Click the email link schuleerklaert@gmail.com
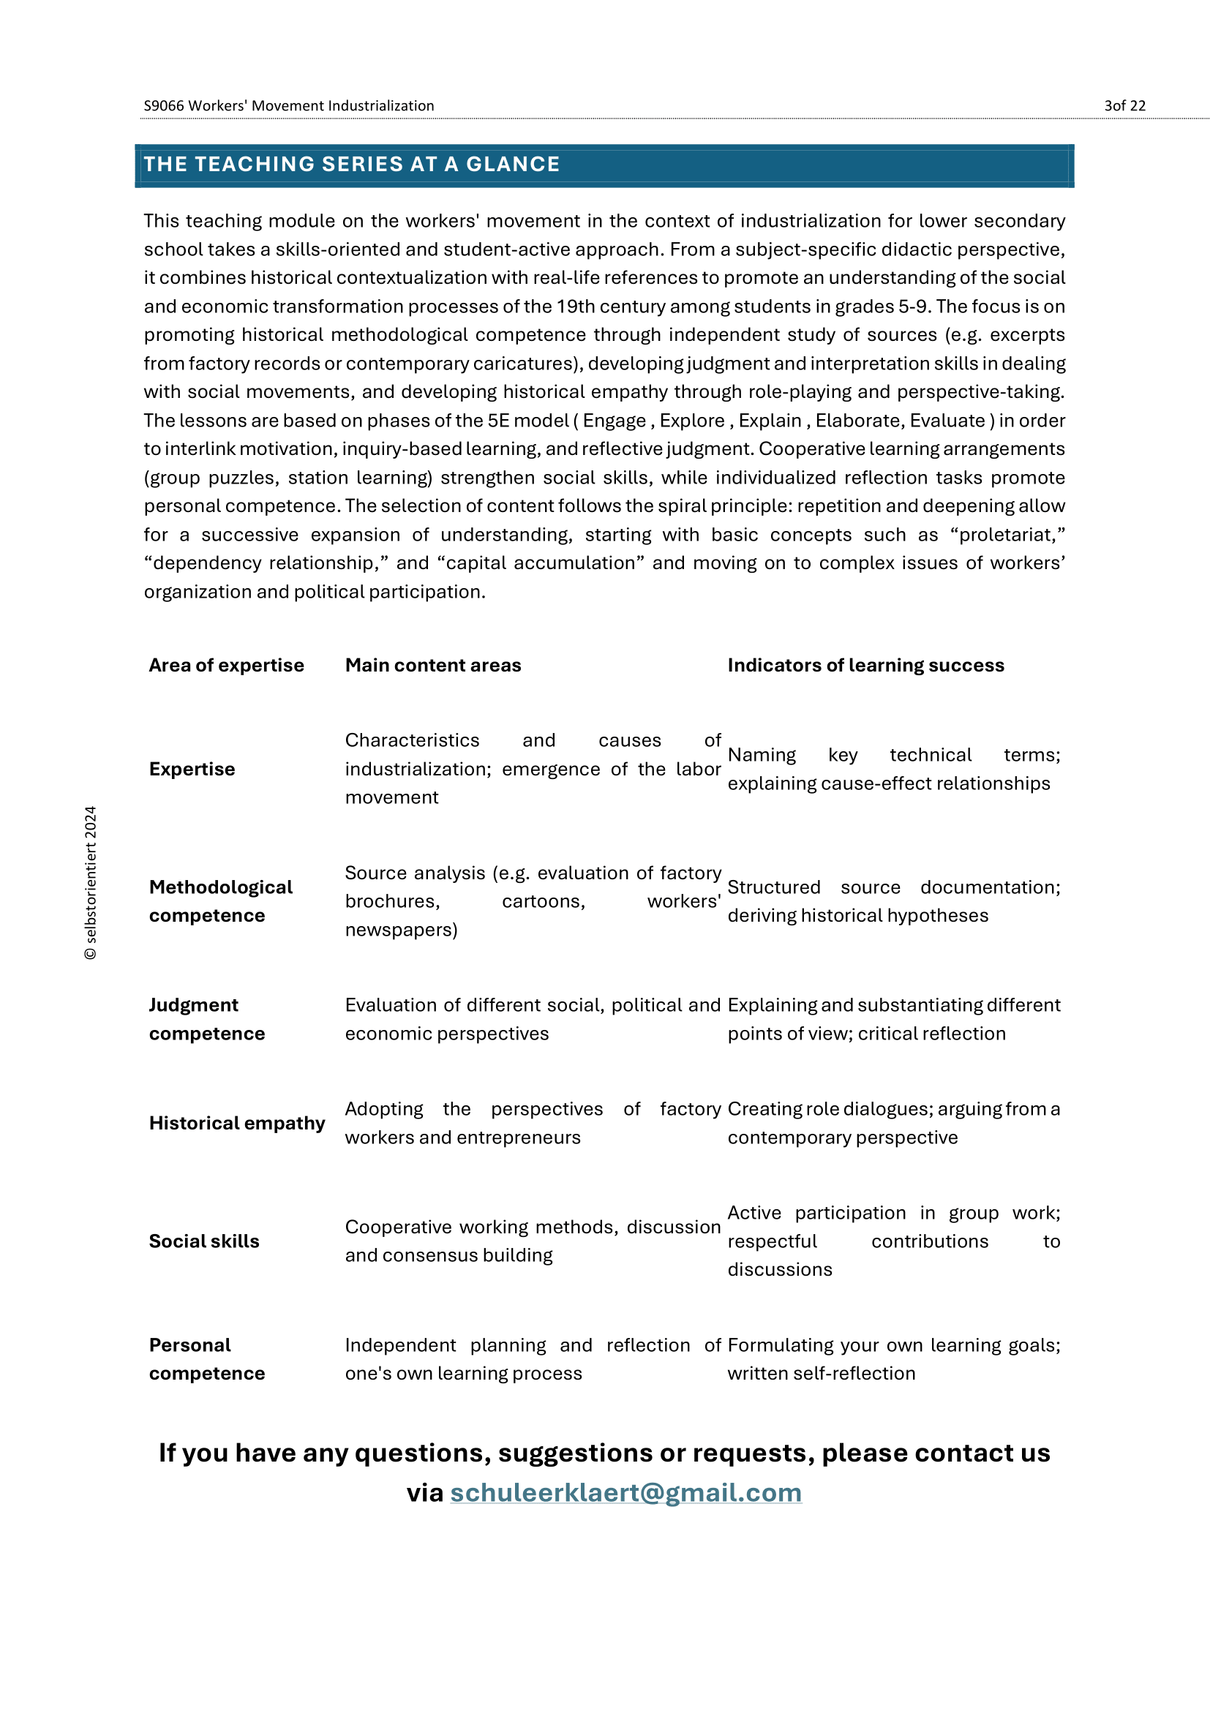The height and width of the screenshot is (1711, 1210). tap(626, 1493)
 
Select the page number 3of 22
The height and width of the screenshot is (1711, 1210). tap(1124, 106)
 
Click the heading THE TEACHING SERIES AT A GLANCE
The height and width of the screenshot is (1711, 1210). tap(352, 164)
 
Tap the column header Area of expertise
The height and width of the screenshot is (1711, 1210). tap(227, 665)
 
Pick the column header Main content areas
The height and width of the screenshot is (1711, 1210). tap(433, 665)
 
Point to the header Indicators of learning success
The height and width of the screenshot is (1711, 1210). tap(865, 665)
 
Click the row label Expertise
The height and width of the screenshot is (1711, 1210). tap(192, 769)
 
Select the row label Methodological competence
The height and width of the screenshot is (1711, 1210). tap(220, 901)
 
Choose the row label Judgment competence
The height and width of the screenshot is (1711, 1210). tap(207, 1019)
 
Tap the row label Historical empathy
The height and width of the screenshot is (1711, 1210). tap(237, 1123)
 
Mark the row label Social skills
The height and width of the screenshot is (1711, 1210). tap(204, 1241)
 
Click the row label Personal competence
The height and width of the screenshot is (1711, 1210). tap(207, 1358)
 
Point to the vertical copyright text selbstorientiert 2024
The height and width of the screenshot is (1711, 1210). tap(91, 883)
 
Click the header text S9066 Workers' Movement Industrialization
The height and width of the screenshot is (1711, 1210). tap(289, 106)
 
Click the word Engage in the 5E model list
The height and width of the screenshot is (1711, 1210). tap(614, 421)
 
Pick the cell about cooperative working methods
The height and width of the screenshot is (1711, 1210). tap(532, 1241)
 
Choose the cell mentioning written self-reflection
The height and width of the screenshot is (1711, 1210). tap(893, 1358)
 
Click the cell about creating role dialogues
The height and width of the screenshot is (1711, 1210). tap(893, 1123)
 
